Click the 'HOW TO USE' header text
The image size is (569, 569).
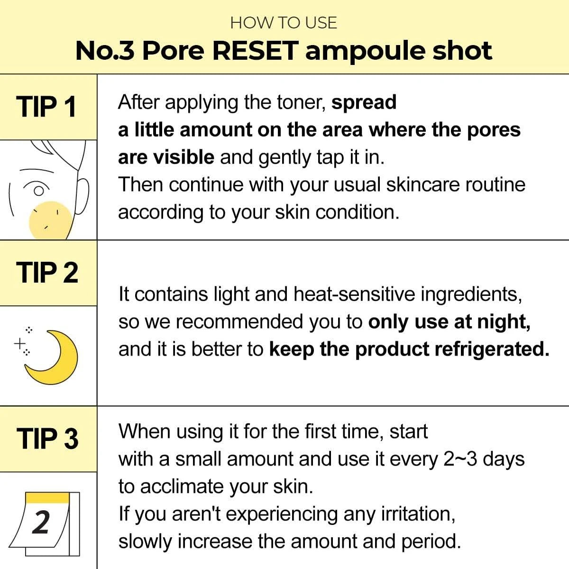(284, 23)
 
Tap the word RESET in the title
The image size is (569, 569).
(255, 51)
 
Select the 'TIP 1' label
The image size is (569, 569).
(46, 107)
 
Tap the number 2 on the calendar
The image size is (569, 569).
(41, 523)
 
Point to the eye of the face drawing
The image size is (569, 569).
(39, 190)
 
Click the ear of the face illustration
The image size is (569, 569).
(82, 197)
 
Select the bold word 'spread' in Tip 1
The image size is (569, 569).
(364, 102)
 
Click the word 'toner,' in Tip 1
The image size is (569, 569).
(303, 102)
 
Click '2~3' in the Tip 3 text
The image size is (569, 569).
(460, 459)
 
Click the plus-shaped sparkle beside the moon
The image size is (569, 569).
(19, 343)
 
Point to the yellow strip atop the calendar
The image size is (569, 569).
(47, 497)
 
